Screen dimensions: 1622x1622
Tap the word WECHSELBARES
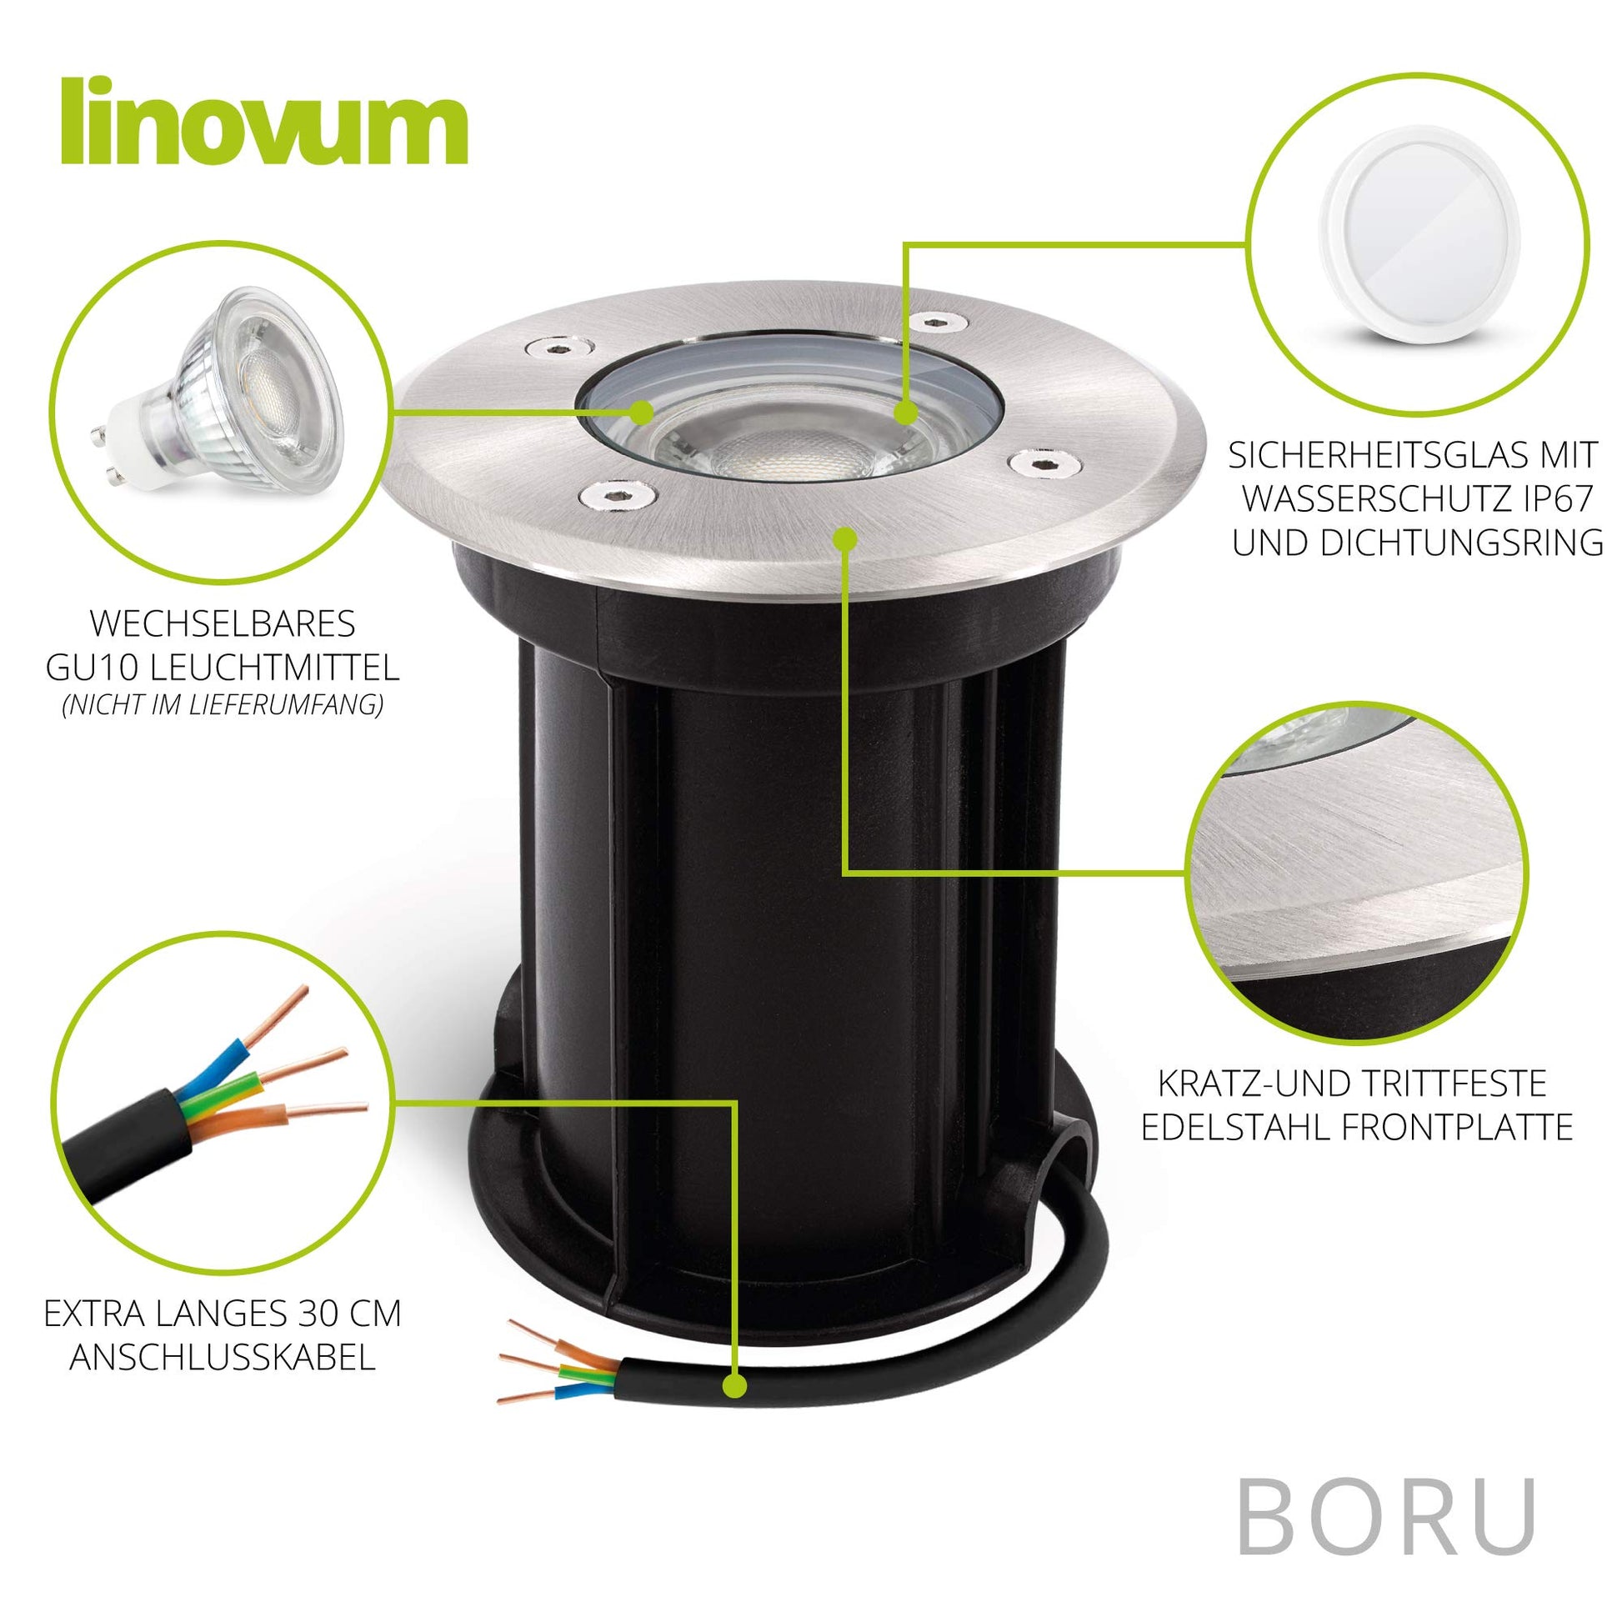[x=222, y=624]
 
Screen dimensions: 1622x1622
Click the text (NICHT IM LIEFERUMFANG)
[x=222, y=705]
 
